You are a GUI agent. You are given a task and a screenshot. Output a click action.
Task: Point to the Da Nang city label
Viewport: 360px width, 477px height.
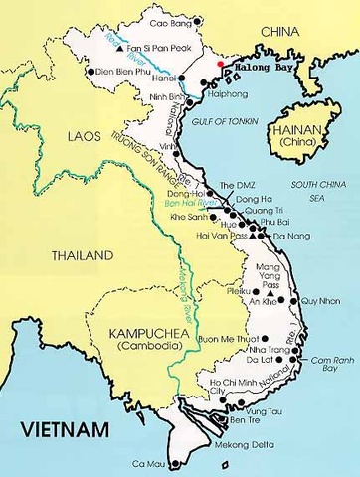(290, 237)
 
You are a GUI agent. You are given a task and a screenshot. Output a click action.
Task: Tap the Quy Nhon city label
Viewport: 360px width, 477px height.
(321, 299)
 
